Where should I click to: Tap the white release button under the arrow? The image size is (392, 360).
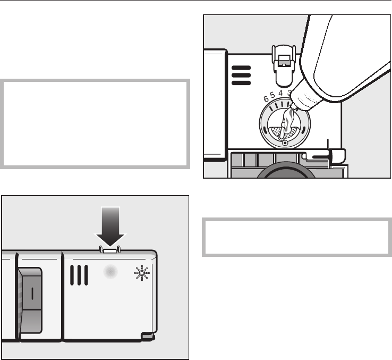[109, 249]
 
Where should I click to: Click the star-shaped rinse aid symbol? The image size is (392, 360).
[142, 274]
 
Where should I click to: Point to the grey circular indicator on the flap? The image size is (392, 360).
[110, 272]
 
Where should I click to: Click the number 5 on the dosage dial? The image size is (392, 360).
[273, 96]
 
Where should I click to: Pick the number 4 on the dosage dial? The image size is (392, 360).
[281, 93]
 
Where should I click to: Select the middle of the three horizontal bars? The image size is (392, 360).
[241, 76]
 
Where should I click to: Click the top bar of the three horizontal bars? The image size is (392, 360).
[241, 68]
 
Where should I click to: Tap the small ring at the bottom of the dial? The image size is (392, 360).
[285, 143]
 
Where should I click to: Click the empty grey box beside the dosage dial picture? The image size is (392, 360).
[96, 123]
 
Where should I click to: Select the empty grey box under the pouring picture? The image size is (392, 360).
[296, 237]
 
